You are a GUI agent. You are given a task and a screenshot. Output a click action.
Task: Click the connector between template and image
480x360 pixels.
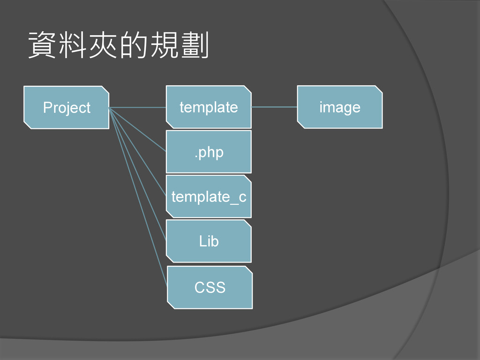[x=274, y=107]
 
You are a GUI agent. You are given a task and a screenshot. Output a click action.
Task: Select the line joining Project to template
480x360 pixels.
[x=138, y=107]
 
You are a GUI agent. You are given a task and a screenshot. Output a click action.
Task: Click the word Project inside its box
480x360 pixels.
[x=67, y=108]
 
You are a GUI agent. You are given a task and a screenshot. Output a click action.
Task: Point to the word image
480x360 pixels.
[x=340, y=107]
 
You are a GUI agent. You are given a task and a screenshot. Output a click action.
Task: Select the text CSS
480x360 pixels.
[x=210, y=287]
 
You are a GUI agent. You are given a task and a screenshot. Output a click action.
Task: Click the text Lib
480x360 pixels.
[x=209, y=241]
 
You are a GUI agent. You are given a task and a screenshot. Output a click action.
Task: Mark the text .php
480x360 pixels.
[x=209, y=152]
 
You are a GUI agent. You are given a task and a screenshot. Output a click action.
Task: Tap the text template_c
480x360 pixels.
[x=209, y=197]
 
